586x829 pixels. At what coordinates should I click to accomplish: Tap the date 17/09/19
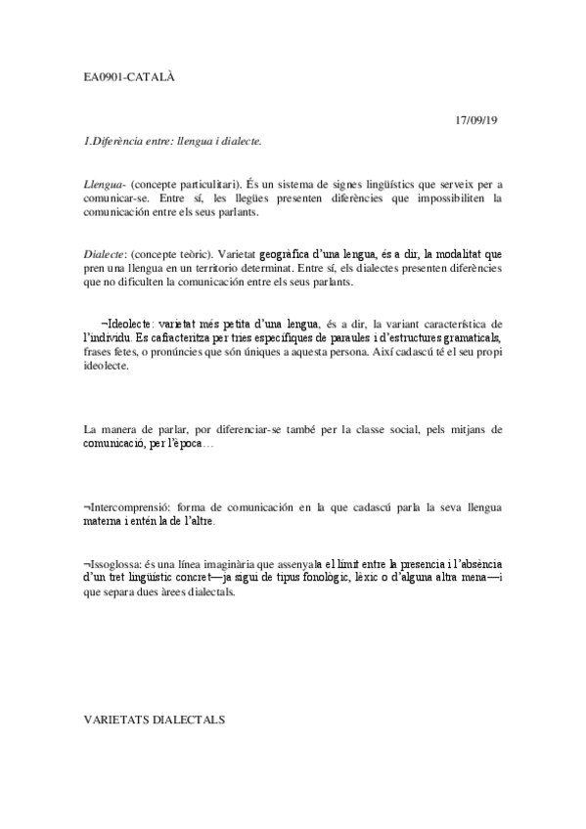pyautogui.click(x=476, y=120)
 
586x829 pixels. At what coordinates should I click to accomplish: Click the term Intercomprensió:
pyautogui.click(x=130, y=507)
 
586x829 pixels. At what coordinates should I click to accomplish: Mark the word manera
pyautogui.click(x=124, y=429)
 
